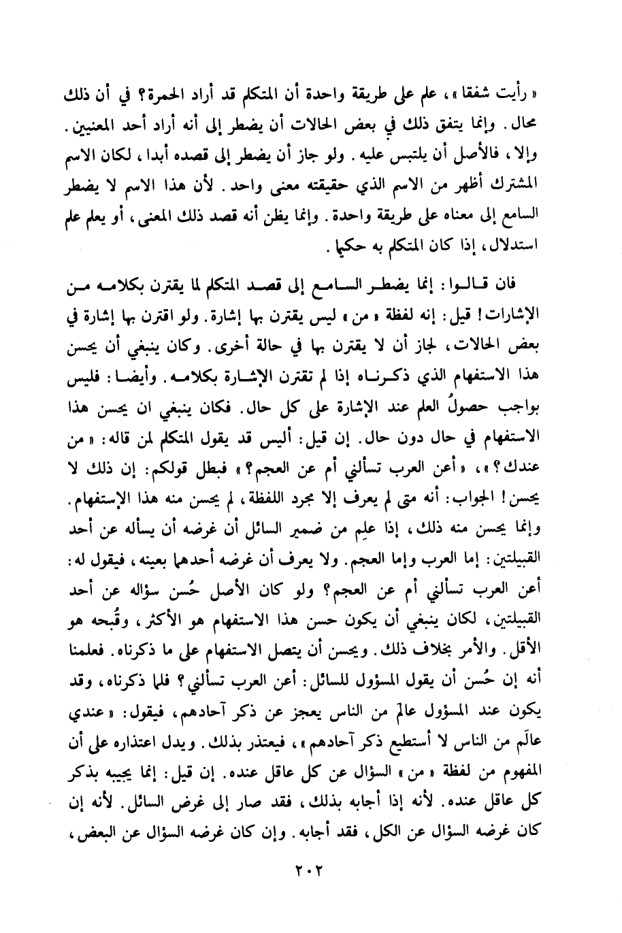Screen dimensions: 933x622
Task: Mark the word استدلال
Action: click(x=531, y=248)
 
